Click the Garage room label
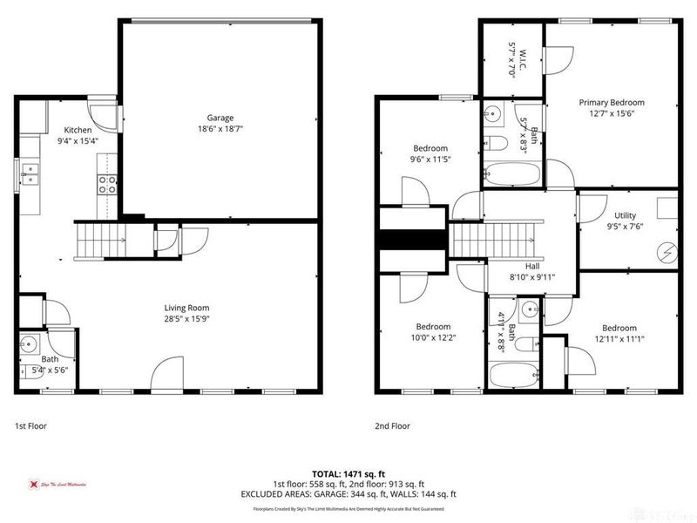point(220,118)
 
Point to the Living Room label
point(187,307)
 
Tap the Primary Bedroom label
point(612,102)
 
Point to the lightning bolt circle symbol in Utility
point(667,253)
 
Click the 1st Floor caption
point(31,426)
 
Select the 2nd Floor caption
point(393,426)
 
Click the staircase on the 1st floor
point(100,240)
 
